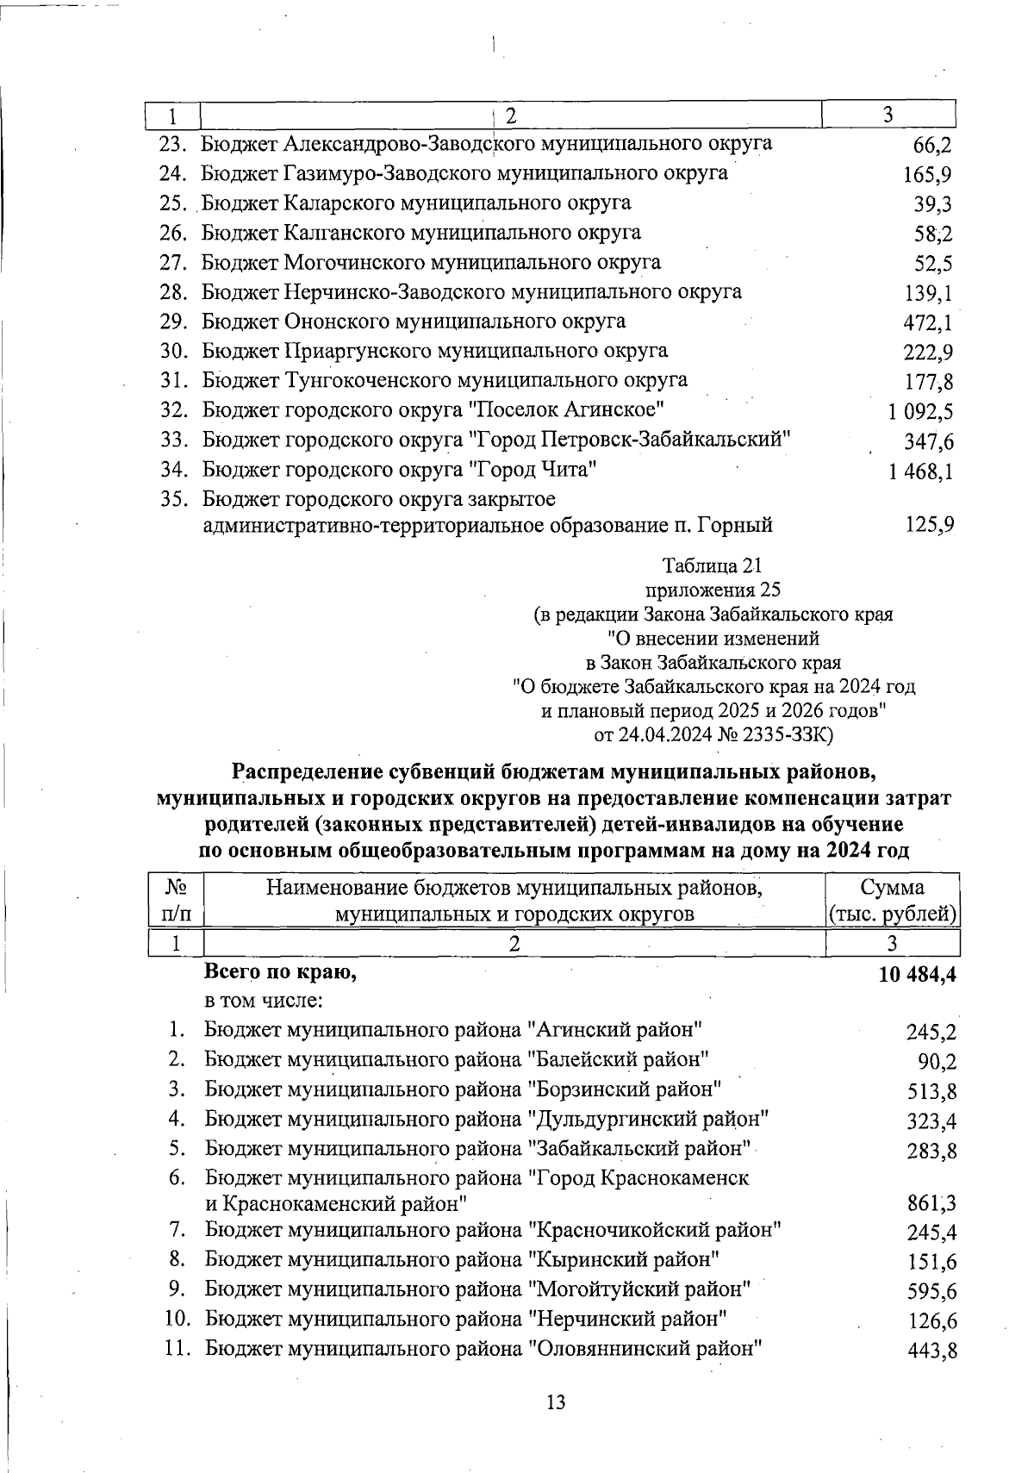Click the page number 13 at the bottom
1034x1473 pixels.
pyautogui.click(x=556, y=1402)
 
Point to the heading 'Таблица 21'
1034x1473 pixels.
pyautogui.click(x=713, y=566)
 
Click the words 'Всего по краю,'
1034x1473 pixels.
pyautogui.click(x=280, y=972)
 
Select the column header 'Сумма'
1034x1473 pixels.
pyautogui.click(x=892, y=888)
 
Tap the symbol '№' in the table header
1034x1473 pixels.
pyautogui.click(x=176, y=888)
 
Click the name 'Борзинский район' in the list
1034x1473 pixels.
pyautogui.click(x=624, y=1089)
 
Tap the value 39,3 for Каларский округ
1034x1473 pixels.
pyautogui.click(x=933, y=205)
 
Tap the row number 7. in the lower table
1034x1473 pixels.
pyautogui.click(x=178, y=1230)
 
